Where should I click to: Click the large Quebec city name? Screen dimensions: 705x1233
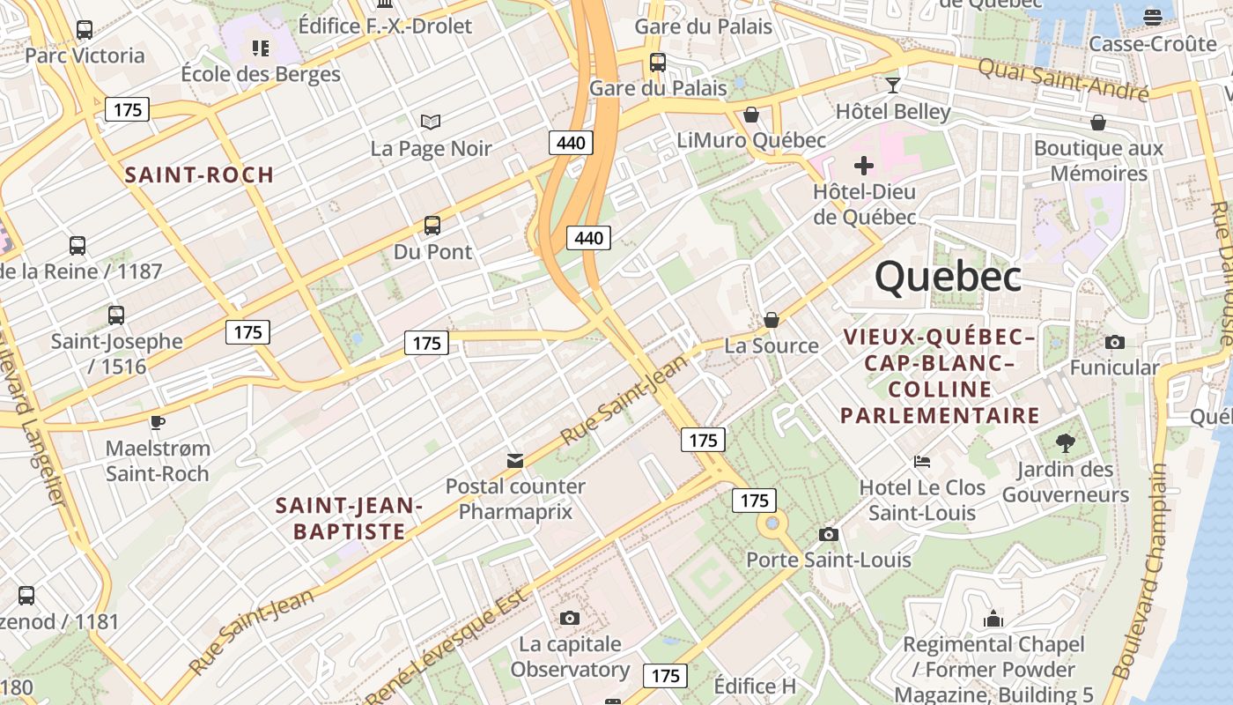point(948,277)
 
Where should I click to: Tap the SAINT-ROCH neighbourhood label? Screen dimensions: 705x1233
point(199,174)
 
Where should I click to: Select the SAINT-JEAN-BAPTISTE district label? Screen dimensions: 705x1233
point(350,518)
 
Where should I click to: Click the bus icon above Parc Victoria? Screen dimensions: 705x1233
point(85,30)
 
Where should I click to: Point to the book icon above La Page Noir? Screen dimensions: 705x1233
point(431,122)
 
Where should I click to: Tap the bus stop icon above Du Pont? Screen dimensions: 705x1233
point(432,226)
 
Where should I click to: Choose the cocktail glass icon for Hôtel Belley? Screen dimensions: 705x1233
point(893,85)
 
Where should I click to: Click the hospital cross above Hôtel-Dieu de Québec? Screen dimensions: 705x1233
point(864,165)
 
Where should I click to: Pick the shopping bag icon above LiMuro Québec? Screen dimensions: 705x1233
point(751,115)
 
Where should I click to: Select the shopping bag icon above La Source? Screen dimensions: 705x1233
point(772,319)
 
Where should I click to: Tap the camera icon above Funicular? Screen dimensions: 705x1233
point(1114,342)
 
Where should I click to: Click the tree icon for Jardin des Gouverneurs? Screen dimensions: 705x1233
point(1065,442)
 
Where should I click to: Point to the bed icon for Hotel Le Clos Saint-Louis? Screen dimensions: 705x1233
point(922,461)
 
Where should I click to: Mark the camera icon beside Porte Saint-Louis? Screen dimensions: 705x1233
point(828,534)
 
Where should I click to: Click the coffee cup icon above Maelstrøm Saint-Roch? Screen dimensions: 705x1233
point(158,422)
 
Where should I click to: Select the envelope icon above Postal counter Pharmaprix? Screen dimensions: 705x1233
point(515,460)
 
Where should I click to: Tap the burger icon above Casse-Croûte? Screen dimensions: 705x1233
point(1152,17)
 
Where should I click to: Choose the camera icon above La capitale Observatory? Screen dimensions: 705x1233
point(570,618)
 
